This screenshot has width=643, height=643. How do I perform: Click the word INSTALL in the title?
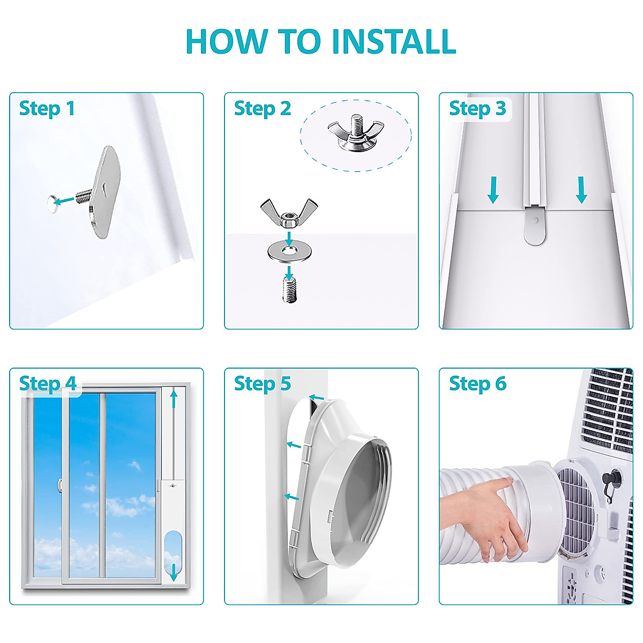click(393, 41)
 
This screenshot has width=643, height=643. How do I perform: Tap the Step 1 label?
click(47, 109)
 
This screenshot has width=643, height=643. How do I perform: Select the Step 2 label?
click(262, 109)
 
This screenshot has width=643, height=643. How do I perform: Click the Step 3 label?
click(477, 109)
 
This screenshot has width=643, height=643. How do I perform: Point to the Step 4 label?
click(48, 384)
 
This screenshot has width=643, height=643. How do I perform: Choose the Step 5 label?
click(262, 384)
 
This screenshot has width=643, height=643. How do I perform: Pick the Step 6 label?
click(477, 384)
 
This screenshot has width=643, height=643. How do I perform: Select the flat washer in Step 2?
click(289, 251)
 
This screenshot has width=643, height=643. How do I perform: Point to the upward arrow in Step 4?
click(173, 401)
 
